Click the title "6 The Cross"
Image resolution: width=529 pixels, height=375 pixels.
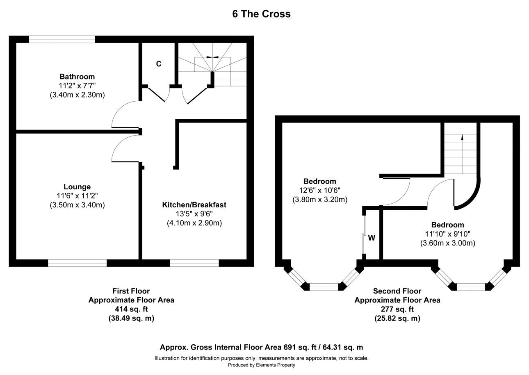tap(261, 14)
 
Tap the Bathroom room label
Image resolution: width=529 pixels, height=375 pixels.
tap(77, 77)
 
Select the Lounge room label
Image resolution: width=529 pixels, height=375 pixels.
tap(77, 187)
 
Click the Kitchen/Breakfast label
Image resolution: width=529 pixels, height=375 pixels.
tap(194, 205)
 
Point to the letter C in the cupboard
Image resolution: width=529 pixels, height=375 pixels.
tap(159, 64)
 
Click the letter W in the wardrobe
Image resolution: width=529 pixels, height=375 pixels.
tap(372, 238)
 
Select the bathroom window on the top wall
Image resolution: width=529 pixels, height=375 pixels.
tap(62, 39)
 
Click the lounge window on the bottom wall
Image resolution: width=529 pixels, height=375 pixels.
tap(77, 263)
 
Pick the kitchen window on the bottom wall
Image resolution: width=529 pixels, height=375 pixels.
tap(194, 263)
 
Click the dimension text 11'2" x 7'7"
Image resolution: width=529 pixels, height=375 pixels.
tap(77, 86)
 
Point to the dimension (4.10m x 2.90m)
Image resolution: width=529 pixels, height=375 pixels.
tap(194, 223)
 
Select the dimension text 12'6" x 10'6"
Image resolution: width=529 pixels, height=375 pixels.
tap(320, 191)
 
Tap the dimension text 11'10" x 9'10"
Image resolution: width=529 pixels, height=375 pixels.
tap(447, 234)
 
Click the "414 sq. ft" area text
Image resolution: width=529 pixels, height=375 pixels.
tap(131, 309)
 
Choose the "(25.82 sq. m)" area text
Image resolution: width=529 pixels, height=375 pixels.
tap(397, 318)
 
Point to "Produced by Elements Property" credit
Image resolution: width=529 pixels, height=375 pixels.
tap(261, 365)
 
